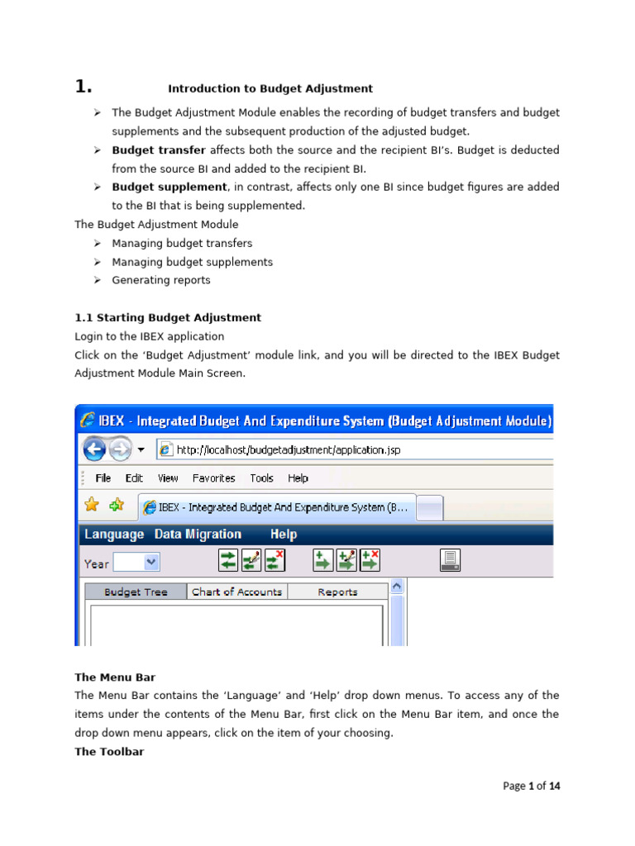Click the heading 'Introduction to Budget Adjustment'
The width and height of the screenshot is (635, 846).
270,88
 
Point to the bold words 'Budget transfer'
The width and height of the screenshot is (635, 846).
159,150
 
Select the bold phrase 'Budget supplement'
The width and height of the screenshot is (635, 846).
169,187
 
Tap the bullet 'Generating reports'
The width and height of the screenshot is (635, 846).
161,280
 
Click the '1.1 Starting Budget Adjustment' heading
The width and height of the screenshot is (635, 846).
168,317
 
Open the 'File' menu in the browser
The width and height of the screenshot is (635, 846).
103,478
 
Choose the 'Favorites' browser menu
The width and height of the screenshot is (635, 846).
213,478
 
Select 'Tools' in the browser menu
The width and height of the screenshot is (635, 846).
261,478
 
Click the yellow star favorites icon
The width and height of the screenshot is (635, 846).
92,505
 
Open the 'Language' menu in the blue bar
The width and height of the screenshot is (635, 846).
113,535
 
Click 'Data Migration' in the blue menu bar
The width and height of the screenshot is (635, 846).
198,535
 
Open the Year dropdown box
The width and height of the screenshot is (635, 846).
136,563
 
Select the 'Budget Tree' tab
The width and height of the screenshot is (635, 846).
136,592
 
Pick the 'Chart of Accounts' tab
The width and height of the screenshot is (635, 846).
236,592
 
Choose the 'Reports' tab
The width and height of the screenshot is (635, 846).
337,592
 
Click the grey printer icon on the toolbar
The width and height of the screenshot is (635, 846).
450,561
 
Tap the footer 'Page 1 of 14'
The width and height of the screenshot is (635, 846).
531,786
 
